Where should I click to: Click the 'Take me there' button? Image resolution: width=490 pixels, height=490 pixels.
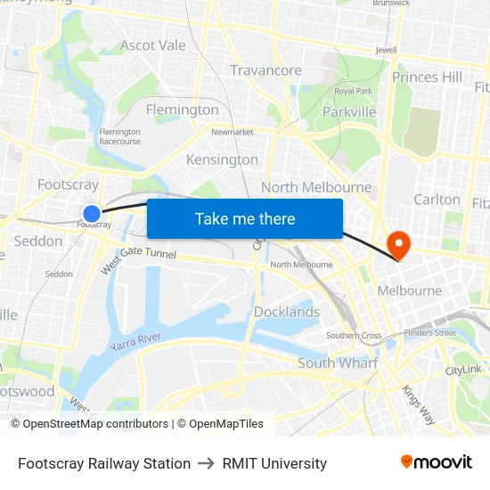[x=245, y=218]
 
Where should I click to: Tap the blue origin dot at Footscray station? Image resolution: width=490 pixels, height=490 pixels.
[x=92, y=213]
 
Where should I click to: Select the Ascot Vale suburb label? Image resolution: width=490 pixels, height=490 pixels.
[x=153, y=45]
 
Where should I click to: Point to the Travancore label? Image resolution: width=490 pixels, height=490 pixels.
[x=265, y=70]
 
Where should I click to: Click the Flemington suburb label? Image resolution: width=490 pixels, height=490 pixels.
[x=183, y=110]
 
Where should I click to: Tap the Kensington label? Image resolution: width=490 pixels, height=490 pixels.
[x=222, y=159]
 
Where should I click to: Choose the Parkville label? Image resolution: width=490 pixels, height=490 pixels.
[x=348, y=112]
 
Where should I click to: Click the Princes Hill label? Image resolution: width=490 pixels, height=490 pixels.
[x=427, y=78]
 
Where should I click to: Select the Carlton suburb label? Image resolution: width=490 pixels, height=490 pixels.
[x=437, y=200]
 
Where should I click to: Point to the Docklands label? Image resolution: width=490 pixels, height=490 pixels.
[x=286, y=312]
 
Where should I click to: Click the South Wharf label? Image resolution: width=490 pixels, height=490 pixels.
[x=337, y=363]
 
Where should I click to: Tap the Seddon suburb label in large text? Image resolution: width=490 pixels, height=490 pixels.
[x=38, y=241]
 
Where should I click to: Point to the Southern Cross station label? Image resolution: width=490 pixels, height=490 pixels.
[x=354, y=336]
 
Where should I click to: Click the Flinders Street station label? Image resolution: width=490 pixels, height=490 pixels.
[x=429, y=333]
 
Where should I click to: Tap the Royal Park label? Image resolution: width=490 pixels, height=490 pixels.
[x=353, y=91]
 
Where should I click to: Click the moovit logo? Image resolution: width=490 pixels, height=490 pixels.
[x=436, y=461]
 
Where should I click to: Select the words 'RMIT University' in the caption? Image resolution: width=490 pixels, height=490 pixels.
[x=274, y=463]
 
